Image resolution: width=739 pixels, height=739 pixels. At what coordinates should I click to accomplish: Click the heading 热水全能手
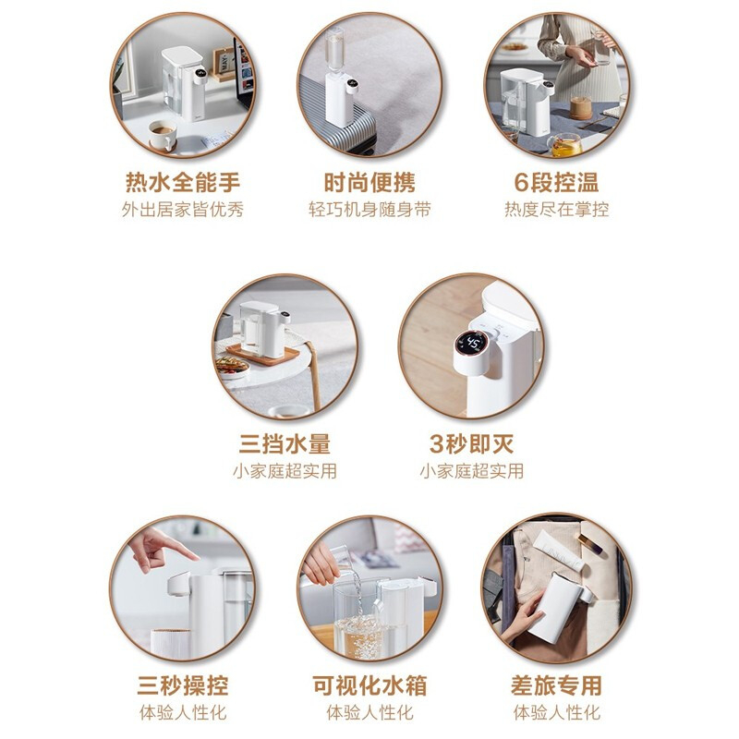click(183, 182)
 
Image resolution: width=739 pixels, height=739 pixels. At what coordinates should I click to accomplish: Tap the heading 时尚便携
click(369, 182)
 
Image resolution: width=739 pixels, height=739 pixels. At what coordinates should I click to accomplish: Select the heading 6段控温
click(557, 182)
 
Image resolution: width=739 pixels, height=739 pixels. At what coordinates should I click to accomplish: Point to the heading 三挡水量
click(285, 443)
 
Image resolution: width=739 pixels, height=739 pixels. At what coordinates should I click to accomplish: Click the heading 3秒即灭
click(471, 443)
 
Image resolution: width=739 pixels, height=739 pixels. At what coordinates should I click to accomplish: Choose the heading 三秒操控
click(183, 685)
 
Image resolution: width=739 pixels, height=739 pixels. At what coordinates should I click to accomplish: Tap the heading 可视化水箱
click(369, 685)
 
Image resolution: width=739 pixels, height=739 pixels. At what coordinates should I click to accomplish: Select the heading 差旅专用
click(557, 685)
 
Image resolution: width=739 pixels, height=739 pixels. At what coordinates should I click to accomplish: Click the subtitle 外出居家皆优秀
click(183, 210)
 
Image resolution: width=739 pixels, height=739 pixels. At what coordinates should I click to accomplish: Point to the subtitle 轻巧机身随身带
click(369, 210)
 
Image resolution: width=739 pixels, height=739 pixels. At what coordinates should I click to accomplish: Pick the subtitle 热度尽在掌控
click(557, 210)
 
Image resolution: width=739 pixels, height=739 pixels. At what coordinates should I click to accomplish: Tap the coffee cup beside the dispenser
click(163, 134)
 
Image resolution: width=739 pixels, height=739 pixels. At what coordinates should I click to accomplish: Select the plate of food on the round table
click(233, 366)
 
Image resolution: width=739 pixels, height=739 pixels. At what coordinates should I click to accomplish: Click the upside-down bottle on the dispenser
click(334, 49)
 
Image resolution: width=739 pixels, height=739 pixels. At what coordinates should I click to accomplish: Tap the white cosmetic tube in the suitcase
click(560, 549)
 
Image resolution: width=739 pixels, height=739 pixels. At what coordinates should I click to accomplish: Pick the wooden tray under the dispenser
click(262, 355)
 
